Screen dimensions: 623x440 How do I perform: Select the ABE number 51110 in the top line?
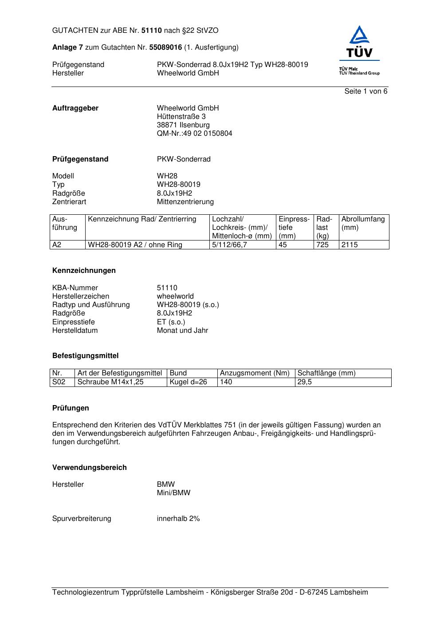tap(152, 31)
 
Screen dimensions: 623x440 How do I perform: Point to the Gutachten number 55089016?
tap(165, 47)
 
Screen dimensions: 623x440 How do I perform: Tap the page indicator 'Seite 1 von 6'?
tap(366, 91)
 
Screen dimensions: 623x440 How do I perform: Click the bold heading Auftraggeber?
tap(75, 108)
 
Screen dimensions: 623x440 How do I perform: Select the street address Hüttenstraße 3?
tap(181, 117)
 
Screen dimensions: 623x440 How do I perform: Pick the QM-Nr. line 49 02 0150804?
tap(194, 134)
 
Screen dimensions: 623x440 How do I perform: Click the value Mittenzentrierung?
tap(185, 202)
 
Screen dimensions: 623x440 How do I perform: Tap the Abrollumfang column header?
tap(363, 219)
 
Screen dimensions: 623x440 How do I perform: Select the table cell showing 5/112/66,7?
tap(229, 245)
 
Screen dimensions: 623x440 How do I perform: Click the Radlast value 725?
tap(322, 245)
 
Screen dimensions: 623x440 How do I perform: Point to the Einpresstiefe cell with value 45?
tap(283, 245)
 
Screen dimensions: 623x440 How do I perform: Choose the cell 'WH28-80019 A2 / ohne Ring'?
tap(135, 245)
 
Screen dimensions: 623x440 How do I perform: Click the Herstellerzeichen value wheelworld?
tap(175, 296)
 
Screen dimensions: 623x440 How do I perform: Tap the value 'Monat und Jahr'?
tap(182, 331)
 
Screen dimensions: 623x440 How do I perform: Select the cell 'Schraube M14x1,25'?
tap(110, 382)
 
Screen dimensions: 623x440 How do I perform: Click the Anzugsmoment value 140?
tap(226, 382)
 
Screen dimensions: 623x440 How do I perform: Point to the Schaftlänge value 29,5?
tap(305, 382)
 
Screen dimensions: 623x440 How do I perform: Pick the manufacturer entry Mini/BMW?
tap(173, 493)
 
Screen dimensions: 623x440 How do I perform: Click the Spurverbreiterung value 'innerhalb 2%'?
tap(178, 519)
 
